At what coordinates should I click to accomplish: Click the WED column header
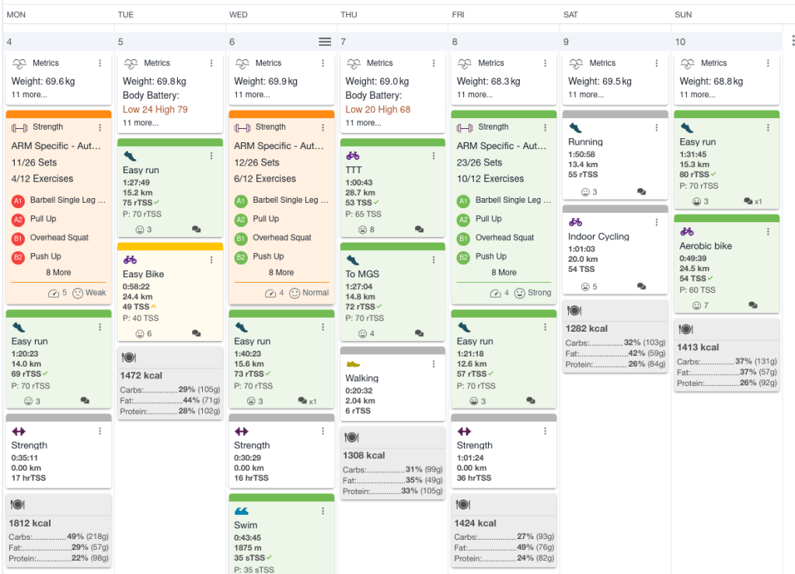[239, 15]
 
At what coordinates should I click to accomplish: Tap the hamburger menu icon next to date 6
[325, 42]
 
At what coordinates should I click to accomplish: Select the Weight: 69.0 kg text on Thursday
[378, 81]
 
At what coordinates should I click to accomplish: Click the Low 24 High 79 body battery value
[155, 110]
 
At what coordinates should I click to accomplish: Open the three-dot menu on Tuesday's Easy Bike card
[211, 259]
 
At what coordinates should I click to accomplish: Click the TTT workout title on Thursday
[355, 169]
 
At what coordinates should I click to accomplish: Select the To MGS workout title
[362, 273]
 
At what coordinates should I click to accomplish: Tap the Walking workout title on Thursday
[361, 378]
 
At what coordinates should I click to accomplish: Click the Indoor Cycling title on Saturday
[598, 237]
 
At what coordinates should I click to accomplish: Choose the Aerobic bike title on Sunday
[706, 246]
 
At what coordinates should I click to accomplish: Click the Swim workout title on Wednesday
[246, 525]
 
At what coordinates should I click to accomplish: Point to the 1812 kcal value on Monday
[31, 523]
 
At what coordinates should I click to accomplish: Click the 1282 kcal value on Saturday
[587, 329]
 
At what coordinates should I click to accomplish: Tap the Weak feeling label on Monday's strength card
[95, 293]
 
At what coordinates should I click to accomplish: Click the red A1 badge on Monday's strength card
[18, 200]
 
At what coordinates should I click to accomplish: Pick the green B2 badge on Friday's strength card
[463, 257]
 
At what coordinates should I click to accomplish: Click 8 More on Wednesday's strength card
[281, 273]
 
